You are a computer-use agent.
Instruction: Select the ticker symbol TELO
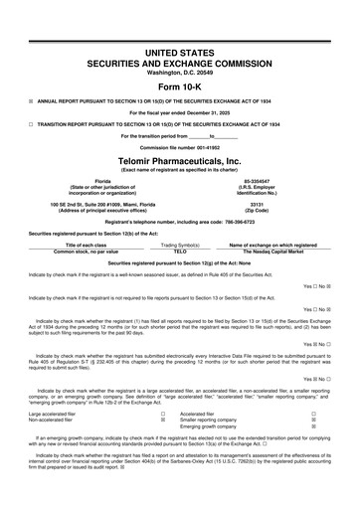coord(180,252)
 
